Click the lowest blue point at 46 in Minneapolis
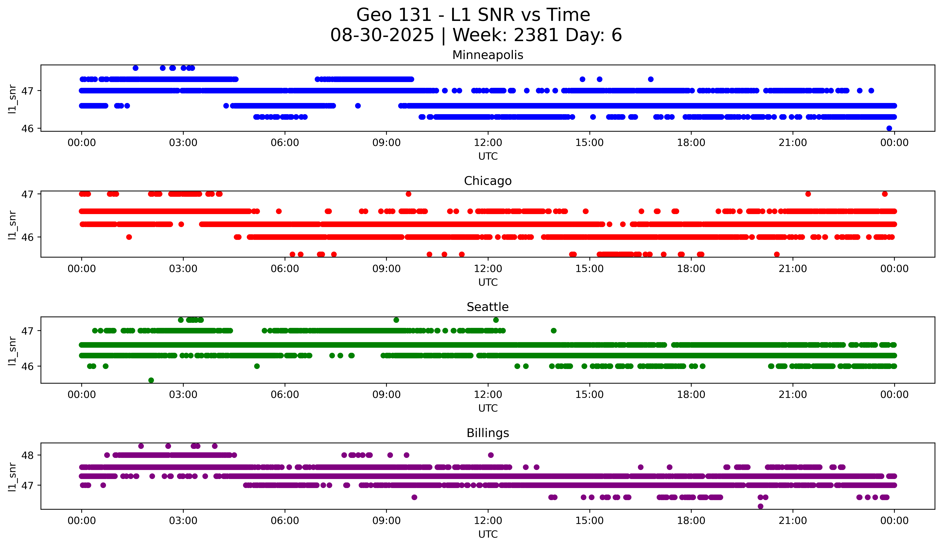[889, 128]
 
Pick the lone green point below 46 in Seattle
[151, 380]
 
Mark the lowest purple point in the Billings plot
[760, 506]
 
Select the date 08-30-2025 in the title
[382, 35]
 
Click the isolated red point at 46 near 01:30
[129, 237]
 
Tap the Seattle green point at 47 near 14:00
[554, 331]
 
